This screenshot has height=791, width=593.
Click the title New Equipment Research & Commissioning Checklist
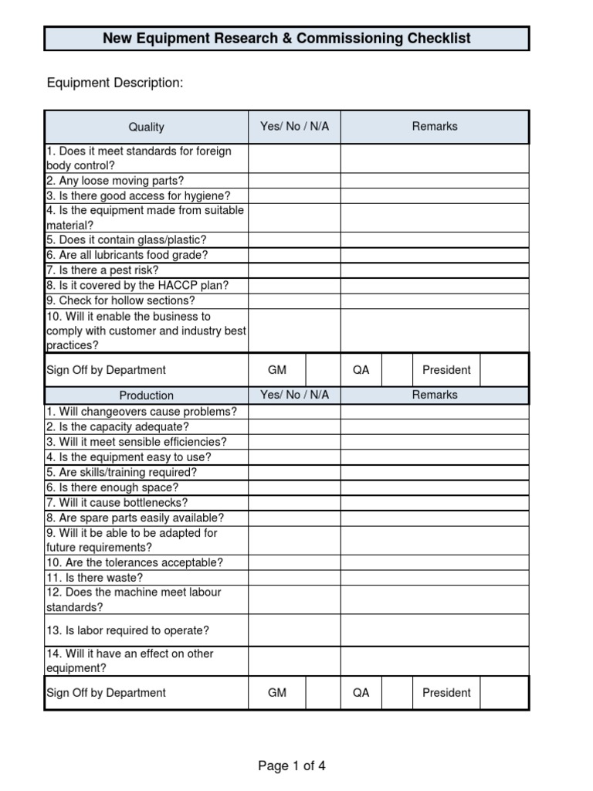click(x=286, y=38)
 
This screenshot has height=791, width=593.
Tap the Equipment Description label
click(x=115, y=83)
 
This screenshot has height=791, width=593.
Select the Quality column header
click(x=146, y=127)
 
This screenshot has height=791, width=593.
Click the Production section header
click(x=146, y=395)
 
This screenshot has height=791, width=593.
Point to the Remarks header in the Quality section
click(x=435, y=126)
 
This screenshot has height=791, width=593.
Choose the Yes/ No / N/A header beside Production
click(x=294, y=395)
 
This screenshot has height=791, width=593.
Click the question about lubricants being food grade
click(x=127, y=255)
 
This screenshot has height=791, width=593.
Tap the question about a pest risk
click(x=103, y=270)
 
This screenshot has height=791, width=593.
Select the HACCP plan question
click(x=137, y=285)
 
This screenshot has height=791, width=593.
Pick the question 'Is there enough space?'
click(x=112, y=487)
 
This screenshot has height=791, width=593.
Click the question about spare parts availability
click(x=135, y=518)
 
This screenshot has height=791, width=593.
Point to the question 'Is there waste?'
click(x=95, y=578)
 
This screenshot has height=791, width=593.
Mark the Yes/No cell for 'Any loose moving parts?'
click(x=294, y=181)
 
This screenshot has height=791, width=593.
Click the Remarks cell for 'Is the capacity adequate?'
click(x=435, y=426)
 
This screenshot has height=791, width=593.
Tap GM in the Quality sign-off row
click(x=276, y=370)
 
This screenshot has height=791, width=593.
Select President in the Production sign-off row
click(x=446, y=693)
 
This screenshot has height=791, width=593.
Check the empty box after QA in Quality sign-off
click(x=397, y=370)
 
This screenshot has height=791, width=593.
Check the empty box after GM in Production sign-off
click(x=323, y=693)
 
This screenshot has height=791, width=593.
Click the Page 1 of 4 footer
click(x=292, y=766)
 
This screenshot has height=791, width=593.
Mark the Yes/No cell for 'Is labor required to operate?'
click(x=294, y=630)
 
